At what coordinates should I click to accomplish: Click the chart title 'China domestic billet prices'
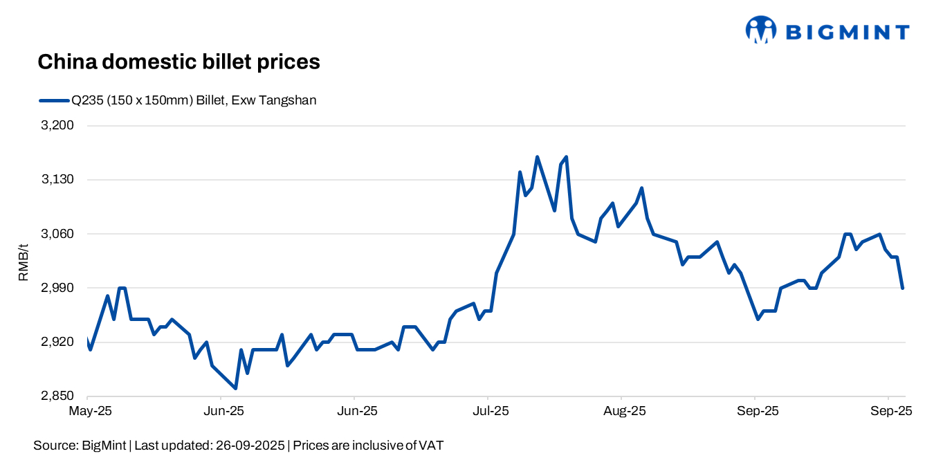178,62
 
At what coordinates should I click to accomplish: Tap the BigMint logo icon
761,30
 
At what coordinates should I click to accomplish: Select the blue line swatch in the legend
54,100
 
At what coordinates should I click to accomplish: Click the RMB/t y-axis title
24,262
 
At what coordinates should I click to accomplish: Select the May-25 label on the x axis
89,411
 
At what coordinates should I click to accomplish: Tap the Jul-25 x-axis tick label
490,411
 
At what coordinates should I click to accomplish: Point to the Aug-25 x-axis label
624,411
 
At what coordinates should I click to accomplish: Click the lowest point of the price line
236,388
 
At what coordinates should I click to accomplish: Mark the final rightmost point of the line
902,288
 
